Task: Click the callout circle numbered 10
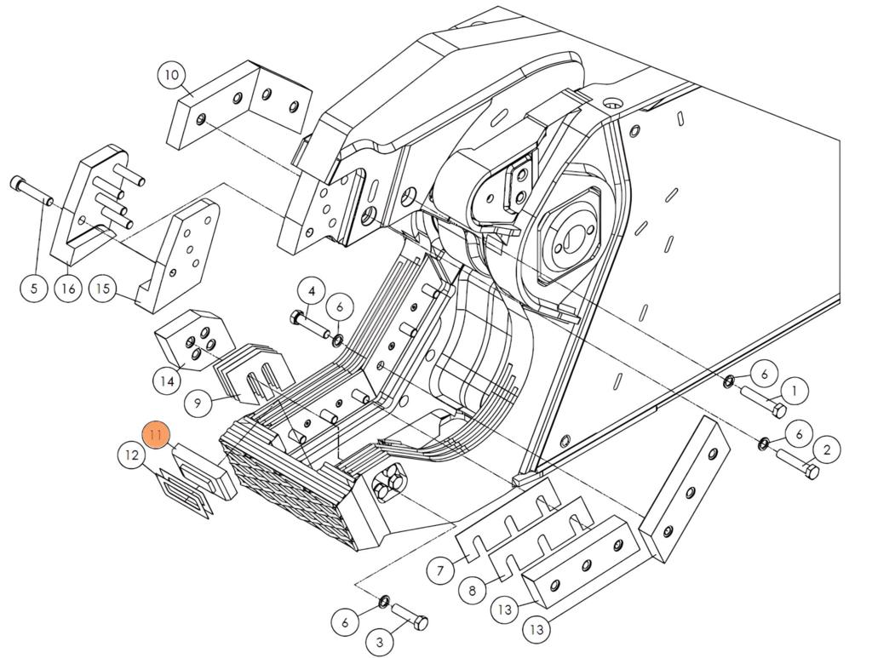[x=172, y=75]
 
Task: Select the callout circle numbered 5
[x=34, y=289]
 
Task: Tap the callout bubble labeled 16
[x=69, y=289]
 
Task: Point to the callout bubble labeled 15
[x=103, y=289]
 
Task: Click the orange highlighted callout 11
[x=156, y=436]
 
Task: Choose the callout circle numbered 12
[x=131, y=456]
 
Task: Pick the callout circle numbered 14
[x=168, y=381]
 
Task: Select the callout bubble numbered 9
[x=198, y=402]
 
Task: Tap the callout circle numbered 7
[x=440, y=570]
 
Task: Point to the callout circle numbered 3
[x=380, y=641]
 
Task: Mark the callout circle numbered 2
[x=826, y=449]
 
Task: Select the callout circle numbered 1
[x=794, y=391]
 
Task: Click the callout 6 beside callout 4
[x=339, y=306]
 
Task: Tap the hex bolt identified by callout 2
[x=798, y=464]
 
